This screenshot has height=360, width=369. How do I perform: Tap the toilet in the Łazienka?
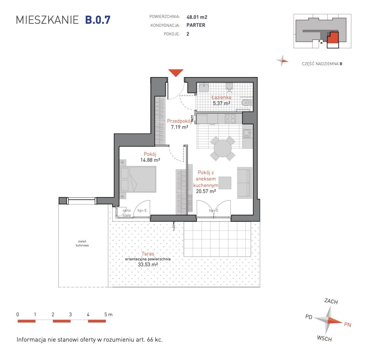tap(247, 103)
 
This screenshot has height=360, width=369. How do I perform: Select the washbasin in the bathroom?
tap(204, 87)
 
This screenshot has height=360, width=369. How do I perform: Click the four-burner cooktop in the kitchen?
tap(230, 119)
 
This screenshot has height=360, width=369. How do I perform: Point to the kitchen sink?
tap(248, 134)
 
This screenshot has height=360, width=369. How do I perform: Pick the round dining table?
tap(223, 149)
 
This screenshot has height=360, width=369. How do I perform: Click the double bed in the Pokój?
tap(138, 179)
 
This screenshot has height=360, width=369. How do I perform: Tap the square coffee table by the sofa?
tap(225, 183)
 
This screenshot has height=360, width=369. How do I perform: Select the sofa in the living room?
tap(244, 183)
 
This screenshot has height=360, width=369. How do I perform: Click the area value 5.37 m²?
tap(221, 104)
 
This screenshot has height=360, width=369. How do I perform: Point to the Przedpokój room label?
tap(179, 121)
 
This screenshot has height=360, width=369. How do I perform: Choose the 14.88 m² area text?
tap(150, 160)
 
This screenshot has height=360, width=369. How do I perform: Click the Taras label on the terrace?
tap(148, 254)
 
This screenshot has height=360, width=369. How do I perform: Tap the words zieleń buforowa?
tap(82, 243)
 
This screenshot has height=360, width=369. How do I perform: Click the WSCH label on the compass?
tap(324, 338)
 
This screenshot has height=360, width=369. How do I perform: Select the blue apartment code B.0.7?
tap(98, 20)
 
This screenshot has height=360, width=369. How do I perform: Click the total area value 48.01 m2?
tap(197, 17)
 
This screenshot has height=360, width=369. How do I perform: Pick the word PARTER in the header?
tap(196, 25)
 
